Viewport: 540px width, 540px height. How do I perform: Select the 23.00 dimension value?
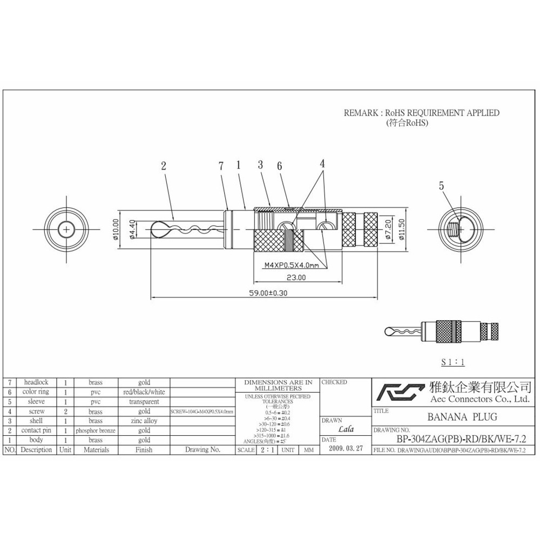(296, 278)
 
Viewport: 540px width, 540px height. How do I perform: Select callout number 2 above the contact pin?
(164, 166)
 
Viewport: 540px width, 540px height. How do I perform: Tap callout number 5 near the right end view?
(441, 185)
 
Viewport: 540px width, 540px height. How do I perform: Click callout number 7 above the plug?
(221, 166)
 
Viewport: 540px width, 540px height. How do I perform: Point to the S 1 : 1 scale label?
(453, 362)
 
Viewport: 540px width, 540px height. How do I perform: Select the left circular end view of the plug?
(66, 230)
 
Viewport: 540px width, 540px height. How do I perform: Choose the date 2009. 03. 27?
(345, 449)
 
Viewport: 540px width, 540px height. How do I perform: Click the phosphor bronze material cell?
(95, 430)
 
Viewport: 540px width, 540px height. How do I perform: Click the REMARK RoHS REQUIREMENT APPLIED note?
(421, 113)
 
